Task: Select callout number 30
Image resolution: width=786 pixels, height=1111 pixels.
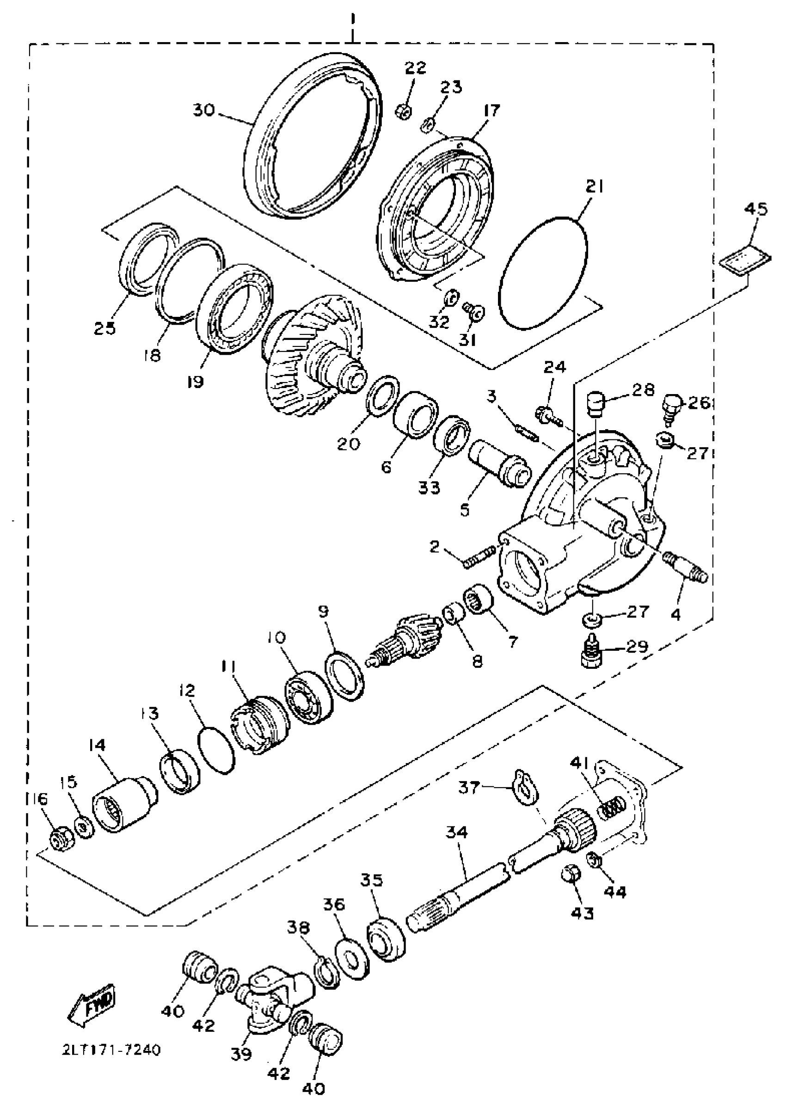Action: [204, 111]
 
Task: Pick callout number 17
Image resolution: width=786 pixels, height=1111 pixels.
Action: [491, 111]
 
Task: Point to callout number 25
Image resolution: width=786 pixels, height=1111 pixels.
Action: [105, 328]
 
